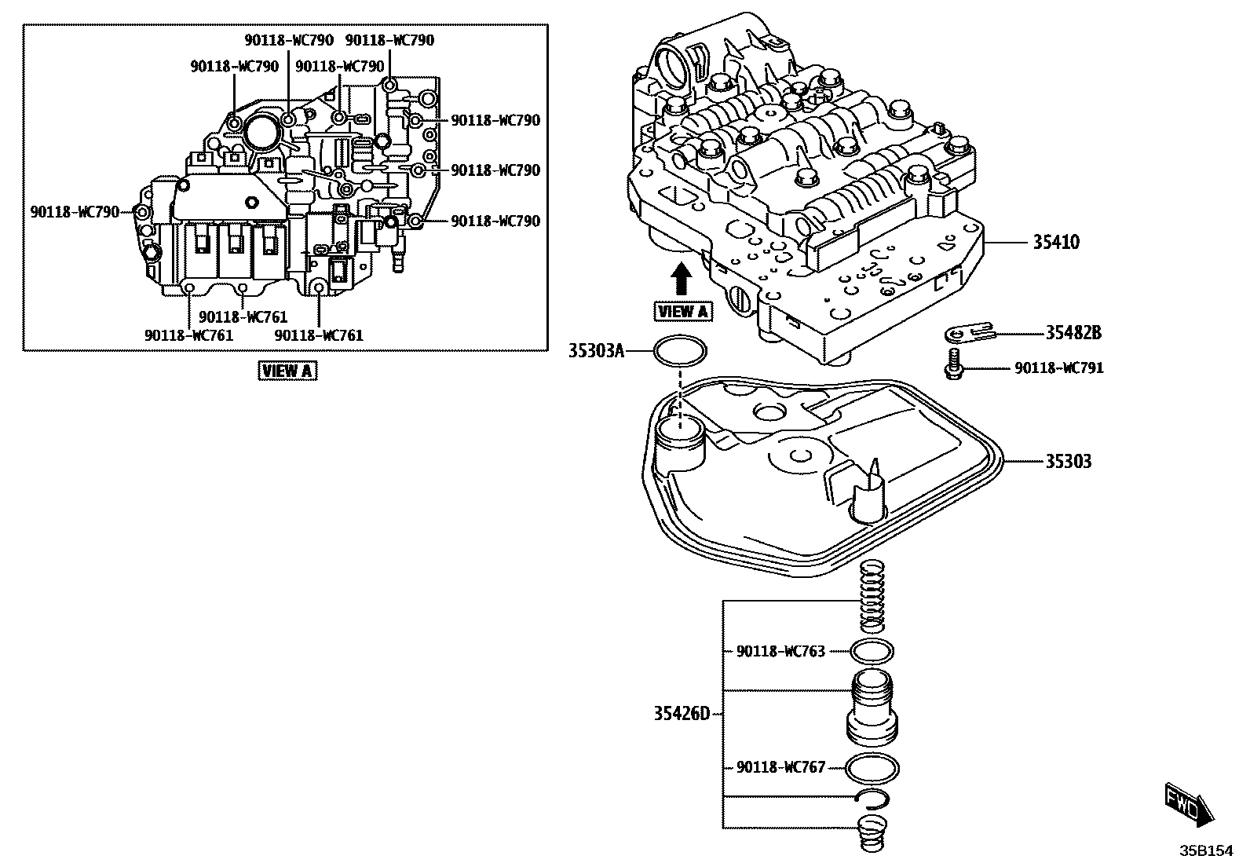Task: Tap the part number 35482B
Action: click(x=1073, y=333)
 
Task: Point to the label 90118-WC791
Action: click(x=1058, y=368)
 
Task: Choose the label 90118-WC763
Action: click(x=780, y=651)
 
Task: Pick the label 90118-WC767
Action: click(x=780, y=767)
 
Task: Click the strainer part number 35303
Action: click(x=1067, y=461)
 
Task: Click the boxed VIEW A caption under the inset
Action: click(x=288, y=371)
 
